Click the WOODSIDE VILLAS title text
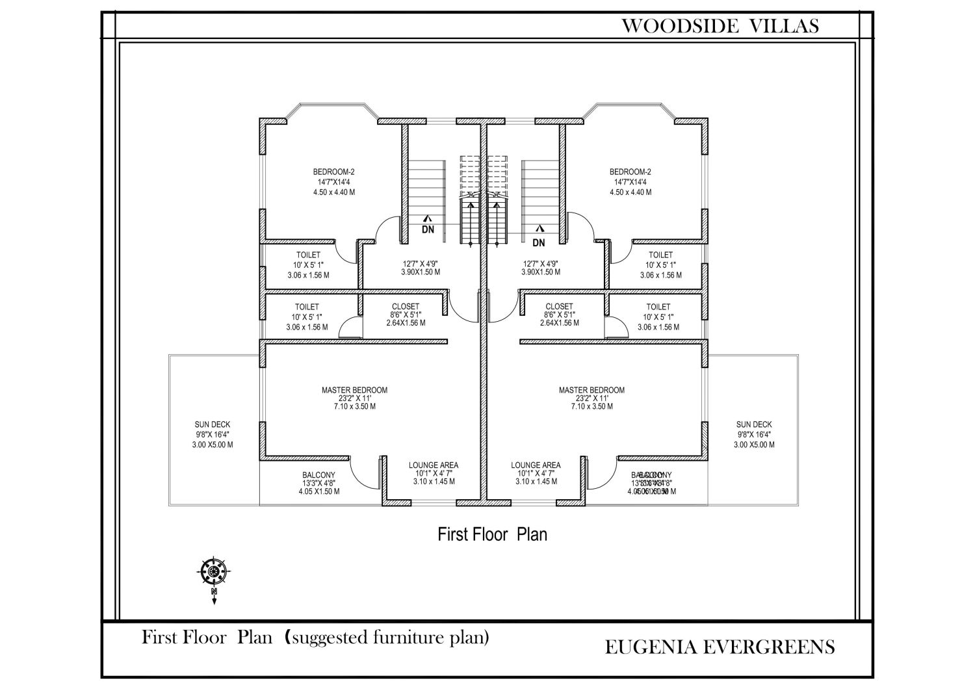720,26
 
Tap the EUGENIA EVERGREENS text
720,647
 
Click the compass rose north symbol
213,572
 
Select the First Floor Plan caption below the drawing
492,534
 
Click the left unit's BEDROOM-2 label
333,172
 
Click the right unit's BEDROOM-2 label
630,172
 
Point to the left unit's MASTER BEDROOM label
354,390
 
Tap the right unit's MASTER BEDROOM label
591,390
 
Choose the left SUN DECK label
212,424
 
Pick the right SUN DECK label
754,424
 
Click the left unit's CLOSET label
406,307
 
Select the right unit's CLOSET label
559,307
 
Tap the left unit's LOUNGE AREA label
433,465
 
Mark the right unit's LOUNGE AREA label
536,465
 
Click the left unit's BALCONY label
318,475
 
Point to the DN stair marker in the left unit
428,229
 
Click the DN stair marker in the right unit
539,242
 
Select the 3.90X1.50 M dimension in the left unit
420,272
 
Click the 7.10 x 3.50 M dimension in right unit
591,406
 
